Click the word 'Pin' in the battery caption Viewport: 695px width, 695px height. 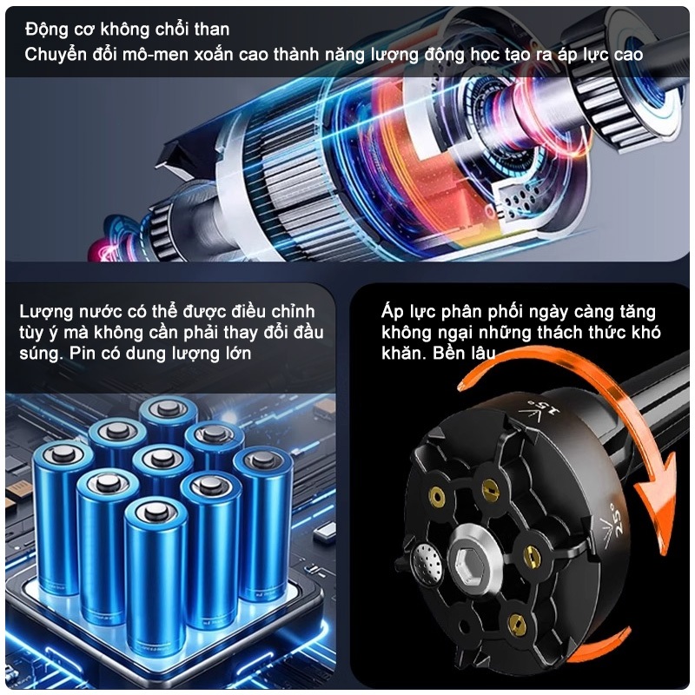tap(83, 354)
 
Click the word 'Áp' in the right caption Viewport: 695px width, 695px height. tap(392, 312)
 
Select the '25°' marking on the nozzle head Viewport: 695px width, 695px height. tap(613, 517)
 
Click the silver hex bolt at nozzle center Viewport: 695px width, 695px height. tap(472, 557)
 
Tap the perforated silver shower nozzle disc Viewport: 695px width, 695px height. tap(427, 562)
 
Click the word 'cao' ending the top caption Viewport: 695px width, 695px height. tap(628, 55)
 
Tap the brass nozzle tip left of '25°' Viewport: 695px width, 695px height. tap(532, 553)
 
